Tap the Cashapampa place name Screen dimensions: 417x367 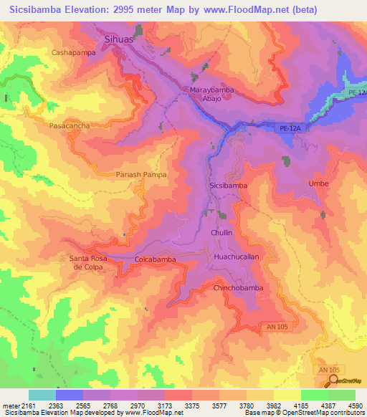tap(73, 53)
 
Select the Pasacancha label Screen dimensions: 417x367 tap(70, 125)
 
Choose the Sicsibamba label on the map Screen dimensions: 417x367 tap(228, 185)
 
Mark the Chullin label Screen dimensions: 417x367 tap(223, 233)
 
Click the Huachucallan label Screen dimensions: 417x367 tap(236, 256)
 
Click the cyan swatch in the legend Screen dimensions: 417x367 tap(42, 395)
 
